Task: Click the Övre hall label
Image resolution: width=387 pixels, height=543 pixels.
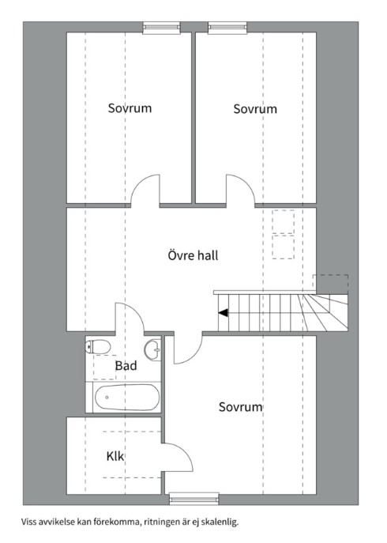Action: pyautogui.click(x=193, y=255)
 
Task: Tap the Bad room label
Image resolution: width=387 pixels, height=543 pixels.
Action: pyautogui.click(x=126, y=365)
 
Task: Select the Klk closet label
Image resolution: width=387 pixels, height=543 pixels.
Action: pyautogui.click(x=115, y=456)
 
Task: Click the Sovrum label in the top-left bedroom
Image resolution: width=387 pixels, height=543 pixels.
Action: pyautogui.click(x=130, y=108)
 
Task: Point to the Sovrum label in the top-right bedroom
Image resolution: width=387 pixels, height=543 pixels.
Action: pyautogui.click(x=255, y=109)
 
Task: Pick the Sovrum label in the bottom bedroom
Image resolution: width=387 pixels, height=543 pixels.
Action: pyautogui.click(x=241, y=406)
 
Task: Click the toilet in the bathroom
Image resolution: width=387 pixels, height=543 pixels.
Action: pyautogui.click(x=98, y=346)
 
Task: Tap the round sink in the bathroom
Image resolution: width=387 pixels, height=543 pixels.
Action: pyautogui.click(x=152, y=348)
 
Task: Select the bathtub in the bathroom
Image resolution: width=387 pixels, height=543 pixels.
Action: pyautogui.click(x=127, y=398)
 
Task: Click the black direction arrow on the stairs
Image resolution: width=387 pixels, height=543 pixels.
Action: pyautogui.click(x=224, y=313)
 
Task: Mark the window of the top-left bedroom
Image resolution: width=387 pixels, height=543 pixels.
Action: pyautogui.click(x=162, y=28)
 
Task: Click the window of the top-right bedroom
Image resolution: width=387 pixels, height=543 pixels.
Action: pyautogui.click(x=227, y=28)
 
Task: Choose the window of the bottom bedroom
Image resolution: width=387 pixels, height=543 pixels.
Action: pyautogui.click(x=194, y=499)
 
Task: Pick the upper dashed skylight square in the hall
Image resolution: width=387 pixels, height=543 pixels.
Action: pyautogui.click(x=284, y=221)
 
